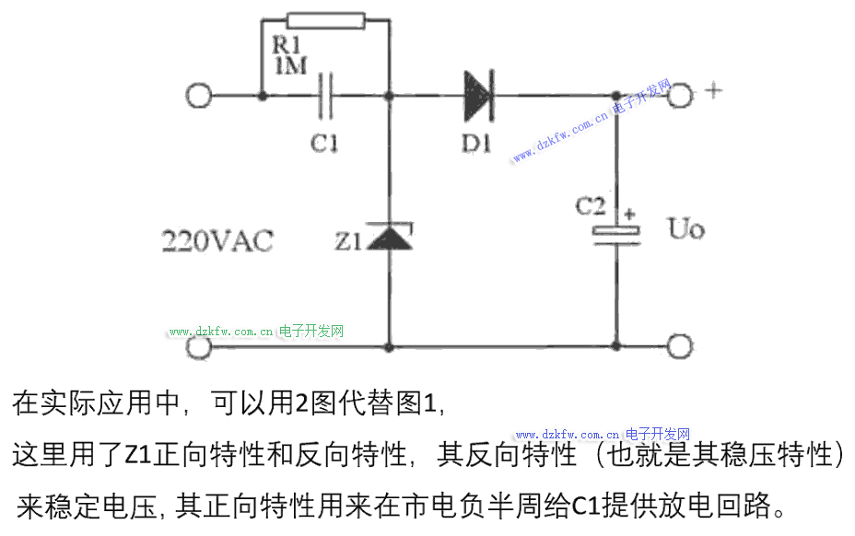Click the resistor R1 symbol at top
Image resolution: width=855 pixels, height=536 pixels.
[x=326, y=20]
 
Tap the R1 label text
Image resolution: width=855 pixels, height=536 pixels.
[x=287, y=45]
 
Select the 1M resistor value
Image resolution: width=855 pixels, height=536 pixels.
[x=291, y=66]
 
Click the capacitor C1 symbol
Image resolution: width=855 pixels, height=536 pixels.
[x=325, y=97]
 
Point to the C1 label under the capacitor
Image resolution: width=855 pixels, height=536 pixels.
[x=324, y=144]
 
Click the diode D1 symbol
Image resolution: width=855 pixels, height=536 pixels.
[x=479, y=96]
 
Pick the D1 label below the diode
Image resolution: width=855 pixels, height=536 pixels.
[x=476, y=144]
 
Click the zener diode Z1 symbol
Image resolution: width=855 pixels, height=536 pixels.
[x=390, y=236]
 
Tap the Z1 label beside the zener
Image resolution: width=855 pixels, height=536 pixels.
[x=348, y=241]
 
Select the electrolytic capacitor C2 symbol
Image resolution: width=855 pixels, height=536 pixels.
[x=616, y=235]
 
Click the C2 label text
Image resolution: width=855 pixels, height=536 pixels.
[x=591, y=206]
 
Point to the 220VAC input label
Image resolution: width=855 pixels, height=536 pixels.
[x=217, y=241]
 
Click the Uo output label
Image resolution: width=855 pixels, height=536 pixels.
[x=686, y=228]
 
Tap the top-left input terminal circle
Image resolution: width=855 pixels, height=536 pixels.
[x=198, y=96]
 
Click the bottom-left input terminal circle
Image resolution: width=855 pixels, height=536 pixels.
[x=199, y=346]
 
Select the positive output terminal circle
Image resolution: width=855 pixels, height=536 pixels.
[x=680, y=96]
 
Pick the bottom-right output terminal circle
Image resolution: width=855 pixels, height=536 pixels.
[x=680, y=346]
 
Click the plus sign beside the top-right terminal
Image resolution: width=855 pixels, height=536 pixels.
[x=714, y=90]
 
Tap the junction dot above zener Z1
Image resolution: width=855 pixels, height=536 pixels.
[x=389, y=97]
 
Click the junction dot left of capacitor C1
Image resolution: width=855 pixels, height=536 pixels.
[x=263, y=97]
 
